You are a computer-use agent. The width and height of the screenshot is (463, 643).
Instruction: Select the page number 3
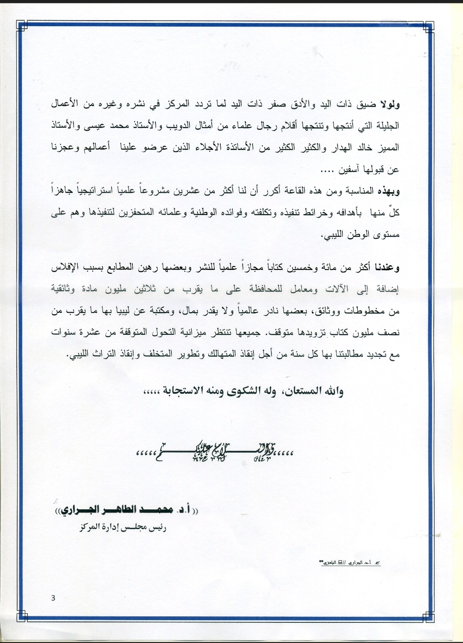53,598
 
